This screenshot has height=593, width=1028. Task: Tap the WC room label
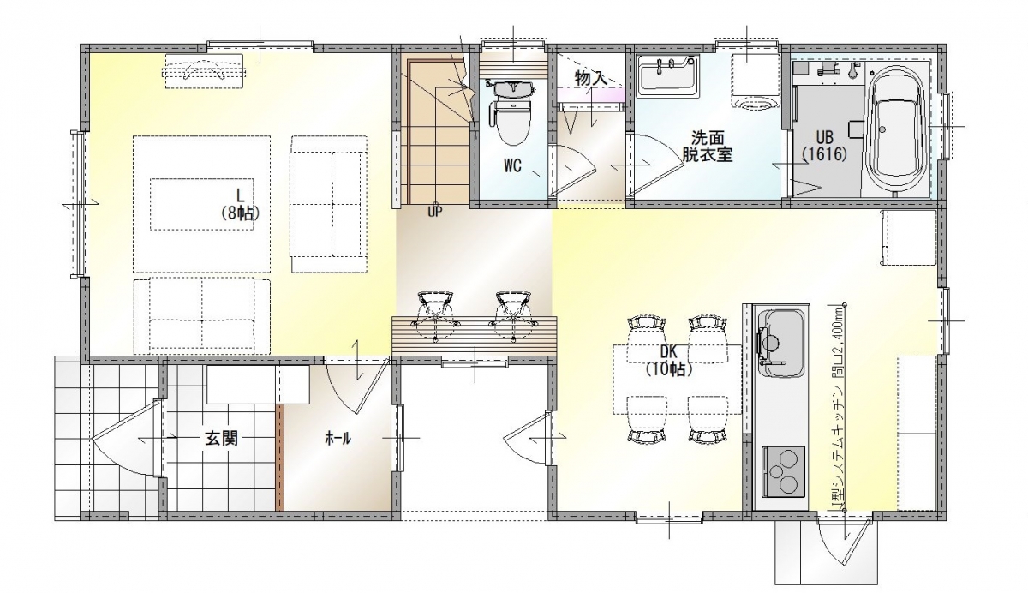[x=512, y=165]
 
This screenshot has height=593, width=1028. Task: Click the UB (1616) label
[x=825, y=146]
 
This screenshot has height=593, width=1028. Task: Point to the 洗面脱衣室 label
[x=708, y=146]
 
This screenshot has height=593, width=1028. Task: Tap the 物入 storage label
[x=590, y=79]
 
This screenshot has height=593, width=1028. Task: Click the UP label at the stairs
[x=434, y=212]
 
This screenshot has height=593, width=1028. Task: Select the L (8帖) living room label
[x=239, y=205]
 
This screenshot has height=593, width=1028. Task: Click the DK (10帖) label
[x=669, y=360]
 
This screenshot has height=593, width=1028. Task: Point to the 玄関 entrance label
[x=221, y=440]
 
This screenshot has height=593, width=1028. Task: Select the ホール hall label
[x=338, y=439]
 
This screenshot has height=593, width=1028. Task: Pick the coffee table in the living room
[x=202, y=204]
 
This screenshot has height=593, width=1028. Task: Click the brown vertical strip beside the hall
[x=280, y=458]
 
